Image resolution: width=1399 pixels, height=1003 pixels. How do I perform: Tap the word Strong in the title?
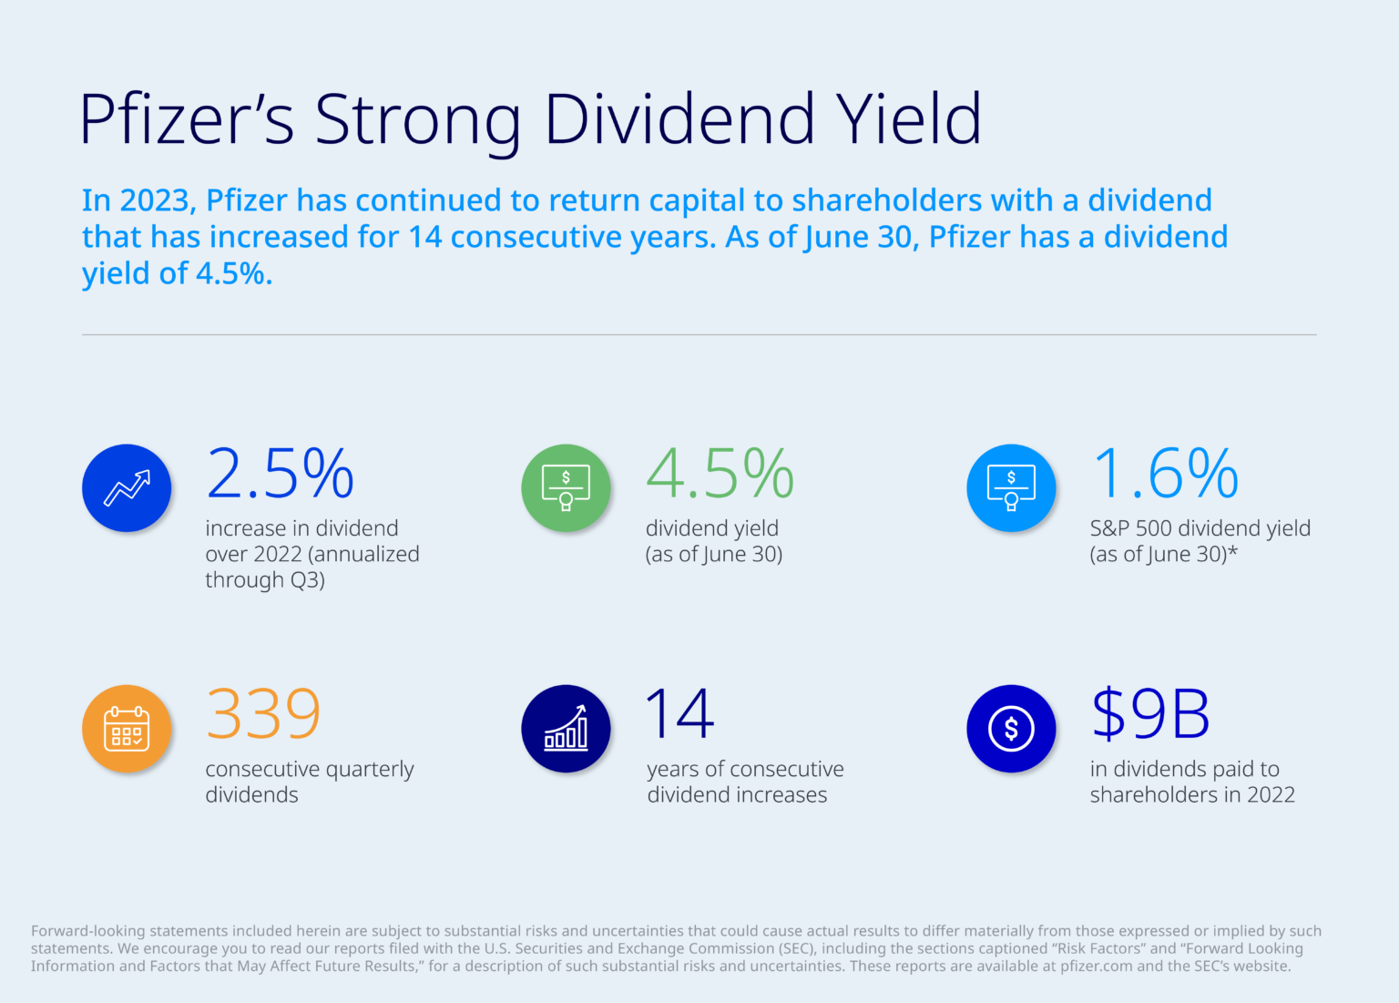click(x=418, y=119)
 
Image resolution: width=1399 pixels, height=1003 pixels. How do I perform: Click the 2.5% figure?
click(x=280, y=474)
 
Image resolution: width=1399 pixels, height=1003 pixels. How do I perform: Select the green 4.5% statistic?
click(x=720, y=474)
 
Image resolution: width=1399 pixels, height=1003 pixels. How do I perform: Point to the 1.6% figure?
click(x=1165, y=474)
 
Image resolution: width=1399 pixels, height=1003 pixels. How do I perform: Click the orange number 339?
click(x=263, y=714)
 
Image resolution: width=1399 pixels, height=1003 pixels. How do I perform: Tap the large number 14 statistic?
click(x=679, y=714)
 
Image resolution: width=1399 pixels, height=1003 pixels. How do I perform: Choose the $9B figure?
click(x=1150, y=714)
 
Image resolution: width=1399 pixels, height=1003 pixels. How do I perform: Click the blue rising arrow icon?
click(x=127, y=488)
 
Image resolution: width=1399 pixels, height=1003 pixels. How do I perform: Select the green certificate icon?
click(x=566, y=488)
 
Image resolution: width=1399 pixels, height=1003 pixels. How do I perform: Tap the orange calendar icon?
click(x=127, y=729)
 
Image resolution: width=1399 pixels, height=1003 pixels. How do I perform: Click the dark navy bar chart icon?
click(x=566, y=729)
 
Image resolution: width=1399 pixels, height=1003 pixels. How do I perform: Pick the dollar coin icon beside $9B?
click(x=1011, y=729)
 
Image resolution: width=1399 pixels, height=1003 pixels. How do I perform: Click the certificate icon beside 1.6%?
click(x=1011, y=488)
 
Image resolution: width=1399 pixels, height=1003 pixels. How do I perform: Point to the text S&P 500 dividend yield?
click(x=1200, y=529)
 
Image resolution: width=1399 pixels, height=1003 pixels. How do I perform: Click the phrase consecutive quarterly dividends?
click(x=309, y=782)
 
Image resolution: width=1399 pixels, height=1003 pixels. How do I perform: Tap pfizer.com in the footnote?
click(x=1096, y=967)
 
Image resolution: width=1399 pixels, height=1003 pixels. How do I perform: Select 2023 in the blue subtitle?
click(x=154, y=200)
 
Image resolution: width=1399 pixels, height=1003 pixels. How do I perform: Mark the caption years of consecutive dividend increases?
click(x=745, y=782)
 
